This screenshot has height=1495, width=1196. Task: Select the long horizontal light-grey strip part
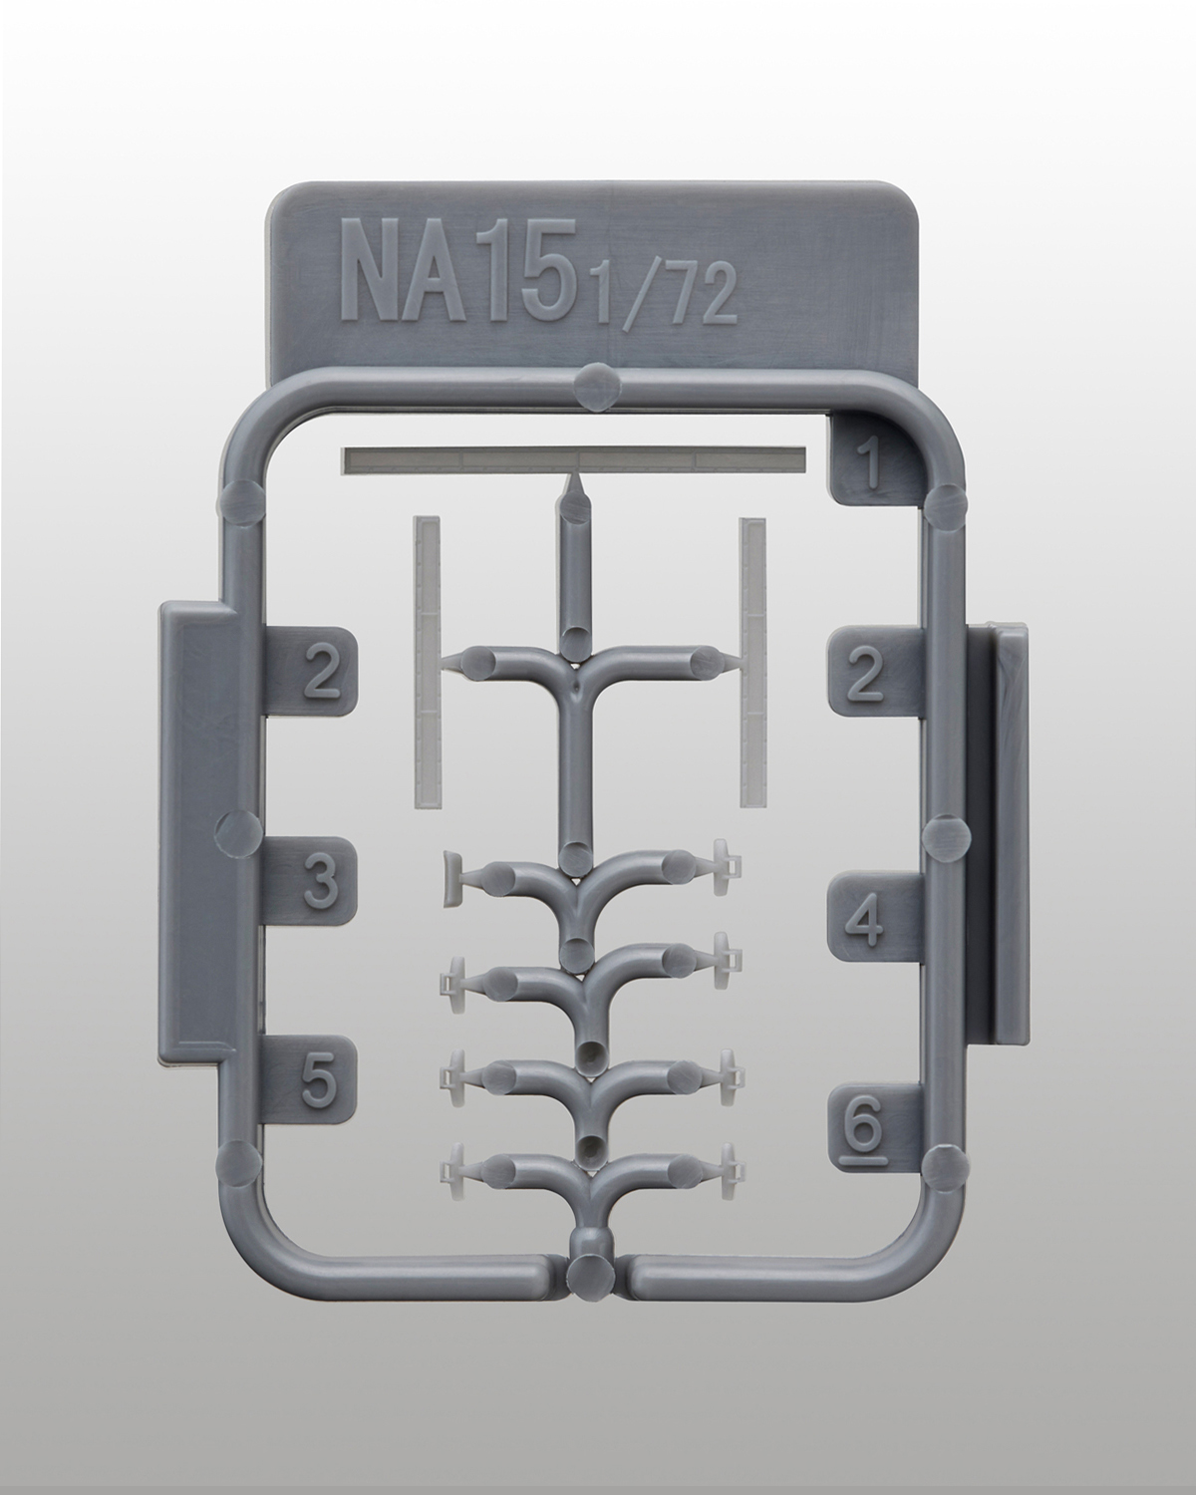574,461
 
